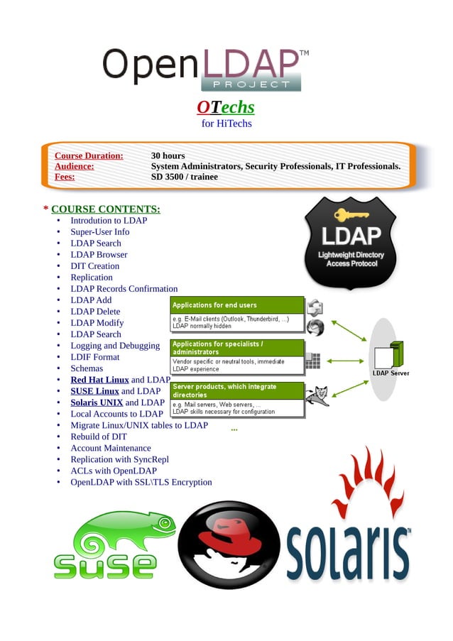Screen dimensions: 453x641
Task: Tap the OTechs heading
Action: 225,107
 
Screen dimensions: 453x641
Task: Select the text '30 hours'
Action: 168,155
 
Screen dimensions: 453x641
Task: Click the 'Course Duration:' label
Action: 89,155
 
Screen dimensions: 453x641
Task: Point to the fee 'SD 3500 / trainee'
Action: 185,177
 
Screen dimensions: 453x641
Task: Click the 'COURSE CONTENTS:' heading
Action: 106,209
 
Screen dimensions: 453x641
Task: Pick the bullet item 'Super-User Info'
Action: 99,231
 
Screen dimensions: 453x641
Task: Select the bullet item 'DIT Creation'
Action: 95,265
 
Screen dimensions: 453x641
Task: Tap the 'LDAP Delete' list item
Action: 95,311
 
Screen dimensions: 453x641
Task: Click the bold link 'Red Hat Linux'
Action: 99,380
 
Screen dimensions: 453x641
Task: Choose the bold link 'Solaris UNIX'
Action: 97,402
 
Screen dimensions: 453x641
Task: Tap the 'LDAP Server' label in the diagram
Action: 391,373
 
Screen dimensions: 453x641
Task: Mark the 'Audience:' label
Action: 75,166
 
